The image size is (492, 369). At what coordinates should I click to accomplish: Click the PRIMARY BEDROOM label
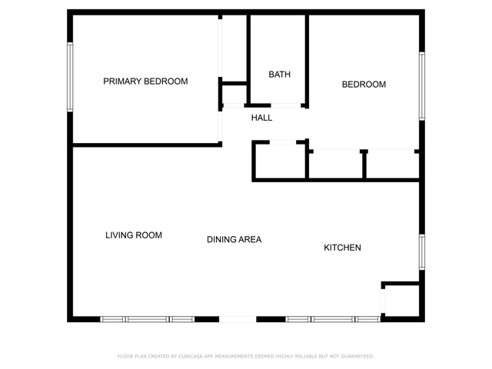(x=145, y=81)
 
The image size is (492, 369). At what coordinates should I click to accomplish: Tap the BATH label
(x=279, y=75)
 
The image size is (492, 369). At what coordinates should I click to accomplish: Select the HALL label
(x=261, y=118)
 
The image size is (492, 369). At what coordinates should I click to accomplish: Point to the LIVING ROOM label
(x=134, y=235)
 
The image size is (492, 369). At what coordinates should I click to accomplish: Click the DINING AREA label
(x=234, y=239)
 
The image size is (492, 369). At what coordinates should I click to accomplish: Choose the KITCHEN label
(x=342, y=248)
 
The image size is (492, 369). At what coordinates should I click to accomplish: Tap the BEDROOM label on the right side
(x=364, y=85)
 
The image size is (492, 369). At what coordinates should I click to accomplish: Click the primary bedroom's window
(x=70, y=77)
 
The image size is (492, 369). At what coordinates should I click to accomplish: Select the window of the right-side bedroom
(x=422, y=86)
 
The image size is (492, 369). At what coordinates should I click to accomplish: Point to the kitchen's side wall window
(x=422, y=252)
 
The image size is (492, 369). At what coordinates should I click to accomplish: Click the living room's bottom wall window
(x=148, y=320)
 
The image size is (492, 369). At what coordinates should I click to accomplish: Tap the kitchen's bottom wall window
(x=333, y=320)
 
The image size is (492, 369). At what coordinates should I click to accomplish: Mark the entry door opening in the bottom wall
(x=238, y=320)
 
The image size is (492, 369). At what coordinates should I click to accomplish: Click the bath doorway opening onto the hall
(x=286, y=105)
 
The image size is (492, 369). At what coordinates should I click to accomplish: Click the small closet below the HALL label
(x=281, y=161)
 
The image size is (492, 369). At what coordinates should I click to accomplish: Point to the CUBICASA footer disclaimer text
(x=246, y=356)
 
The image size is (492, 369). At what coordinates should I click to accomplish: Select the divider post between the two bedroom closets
(x=364, y=164)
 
